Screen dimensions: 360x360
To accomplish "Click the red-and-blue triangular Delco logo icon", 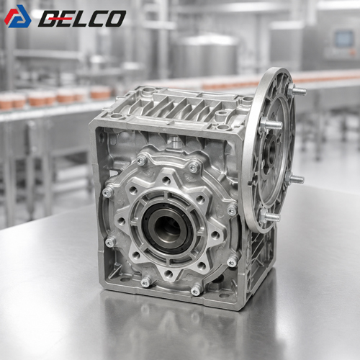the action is (x=18, y=17).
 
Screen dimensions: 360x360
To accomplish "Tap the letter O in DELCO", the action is (x=114, y=19).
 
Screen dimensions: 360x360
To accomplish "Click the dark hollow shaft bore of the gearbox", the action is (x=168, y=228).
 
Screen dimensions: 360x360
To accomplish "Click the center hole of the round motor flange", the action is (x=272, y=149).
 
